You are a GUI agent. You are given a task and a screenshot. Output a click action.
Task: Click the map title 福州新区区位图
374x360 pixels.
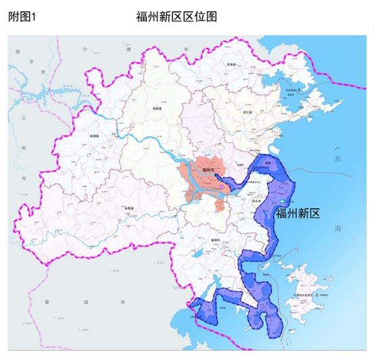(x=179, y=15)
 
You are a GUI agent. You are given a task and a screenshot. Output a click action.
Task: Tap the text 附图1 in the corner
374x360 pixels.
(x=22, y=15)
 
